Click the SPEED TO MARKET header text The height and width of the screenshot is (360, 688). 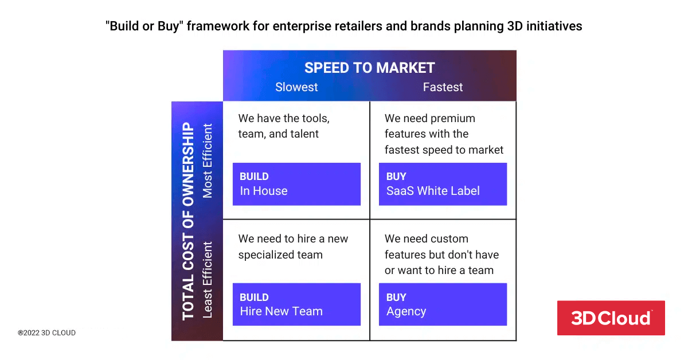tap(369, 68)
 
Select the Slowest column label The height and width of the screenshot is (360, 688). tap(296, 87)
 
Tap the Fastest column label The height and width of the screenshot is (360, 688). tap(443, 87)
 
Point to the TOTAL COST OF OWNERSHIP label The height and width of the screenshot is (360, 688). tap(188, 221)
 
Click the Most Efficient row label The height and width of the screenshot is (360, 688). tap(208, 161)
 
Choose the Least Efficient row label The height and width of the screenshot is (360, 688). tap(208, 279)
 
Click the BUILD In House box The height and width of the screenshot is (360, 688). tap(296, 184)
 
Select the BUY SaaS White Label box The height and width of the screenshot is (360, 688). tap(443, 184)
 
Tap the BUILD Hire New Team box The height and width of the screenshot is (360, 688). tap(296, 304)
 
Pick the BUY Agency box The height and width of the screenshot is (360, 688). tap(443, 304)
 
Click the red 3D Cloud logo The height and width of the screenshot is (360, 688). tap(611, 318)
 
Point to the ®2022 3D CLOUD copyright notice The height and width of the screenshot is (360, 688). tap(46, 332)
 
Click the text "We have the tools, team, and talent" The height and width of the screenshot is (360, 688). tap(284, 126)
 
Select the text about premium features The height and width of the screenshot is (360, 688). tap(444, 134)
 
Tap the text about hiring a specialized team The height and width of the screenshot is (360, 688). tap(293, 246)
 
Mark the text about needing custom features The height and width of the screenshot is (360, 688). tap(441, 255)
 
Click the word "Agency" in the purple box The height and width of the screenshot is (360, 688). tap(406, 312)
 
